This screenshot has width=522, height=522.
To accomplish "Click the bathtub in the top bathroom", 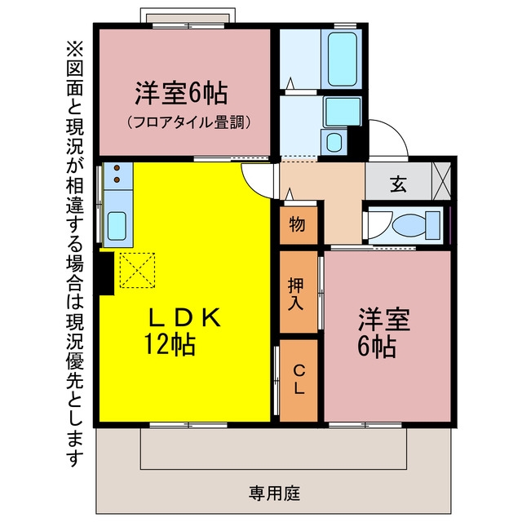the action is (x=342, y=60).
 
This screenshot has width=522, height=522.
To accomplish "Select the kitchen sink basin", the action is (x=117, y=226).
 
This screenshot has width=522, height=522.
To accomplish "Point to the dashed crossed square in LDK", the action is (x=137, y=270).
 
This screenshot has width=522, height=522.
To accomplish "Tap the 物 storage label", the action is (x=297, y=224).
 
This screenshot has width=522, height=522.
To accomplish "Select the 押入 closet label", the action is (x=296, y=294).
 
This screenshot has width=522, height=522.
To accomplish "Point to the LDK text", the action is (x=184, y=317).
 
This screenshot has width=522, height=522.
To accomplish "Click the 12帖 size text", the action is (x=170, y=344).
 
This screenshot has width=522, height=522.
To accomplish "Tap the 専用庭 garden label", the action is (x=275, y=493).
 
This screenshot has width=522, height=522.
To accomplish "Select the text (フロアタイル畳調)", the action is (x=188, y=122).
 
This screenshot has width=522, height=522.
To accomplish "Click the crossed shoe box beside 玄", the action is (x=441, y=181).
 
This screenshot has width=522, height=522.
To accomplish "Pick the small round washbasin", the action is (x=334, y=143).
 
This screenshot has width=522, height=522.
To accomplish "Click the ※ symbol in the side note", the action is (x=75, y=49).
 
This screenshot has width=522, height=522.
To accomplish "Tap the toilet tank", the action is (x=433, y=225).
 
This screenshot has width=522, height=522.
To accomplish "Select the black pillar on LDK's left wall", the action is (x=105, y=273).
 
